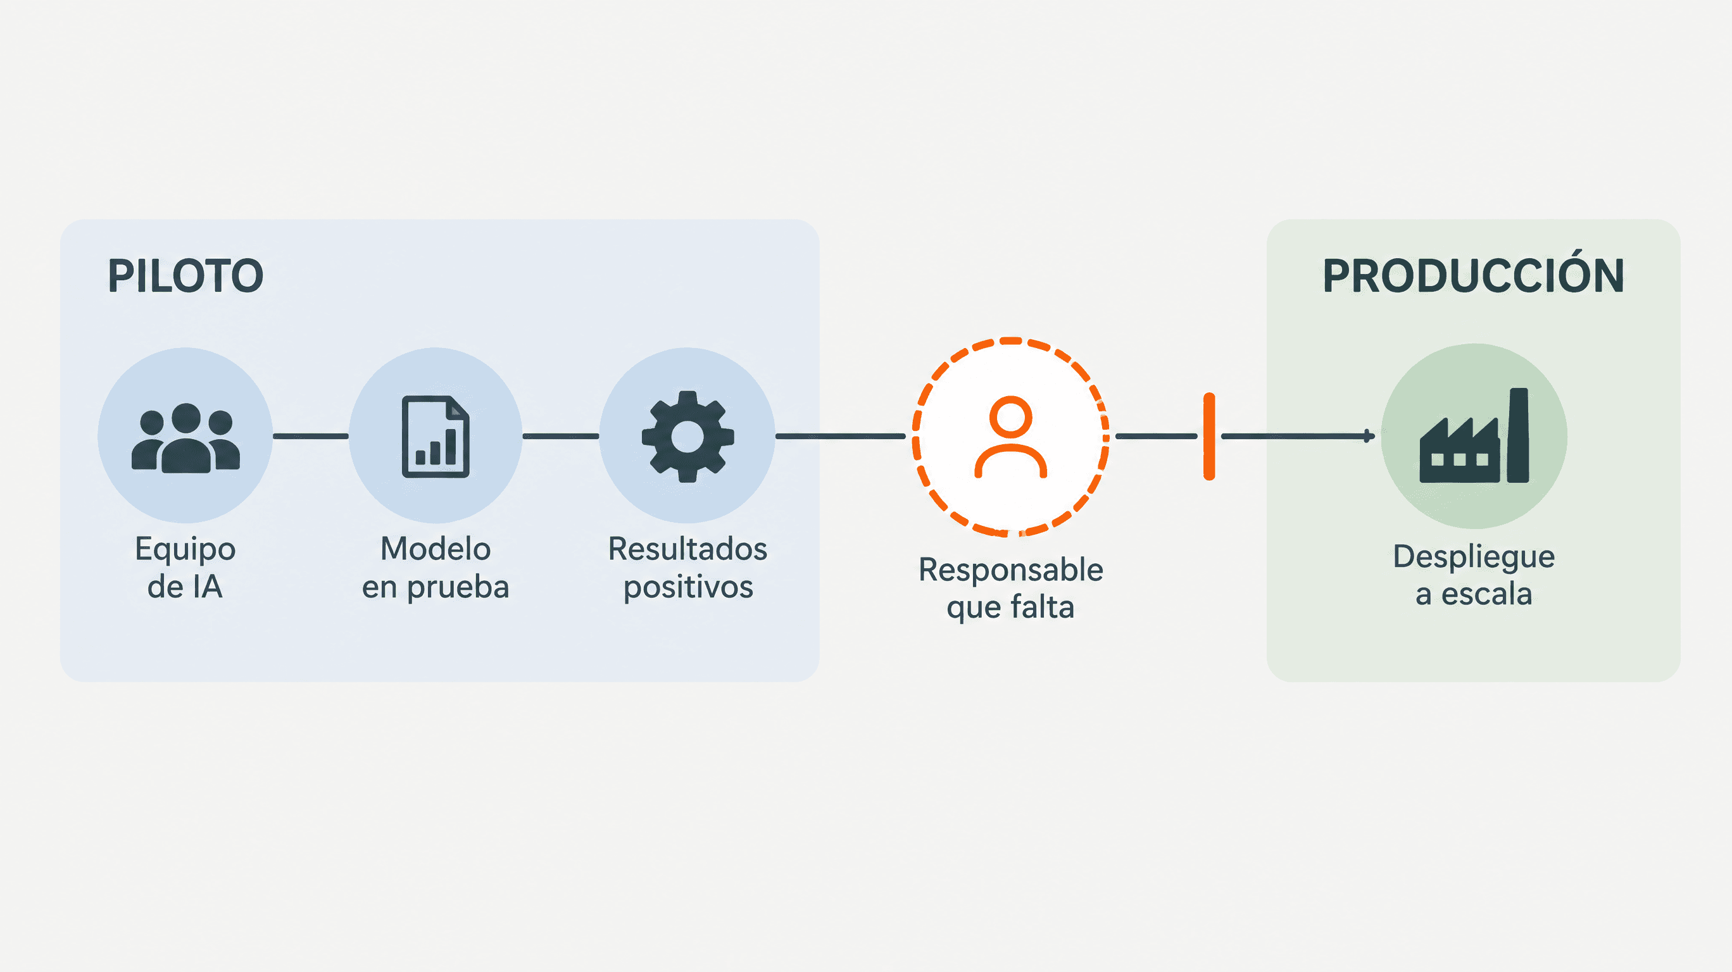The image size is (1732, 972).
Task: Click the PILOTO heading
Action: click(x=185, y=277)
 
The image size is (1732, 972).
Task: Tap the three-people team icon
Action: click(x=185, y=438)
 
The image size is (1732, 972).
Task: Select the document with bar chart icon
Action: click(x=436, y=437)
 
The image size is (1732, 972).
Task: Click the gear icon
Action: click(x=687, y=437)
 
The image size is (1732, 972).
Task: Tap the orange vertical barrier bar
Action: click(x=1209, y=436)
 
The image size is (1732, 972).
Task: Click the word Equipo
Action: click(x=185, y=550)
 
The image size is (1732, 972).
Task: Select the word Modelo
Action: click(x=436, y=549)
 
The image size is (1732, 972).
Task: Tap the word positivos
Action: click(x=689, y=588)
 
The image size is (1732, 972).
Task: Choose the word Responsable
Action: click(x=1010, y=570)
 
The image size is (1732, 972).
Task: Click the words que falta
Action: click(x=1010, y=607)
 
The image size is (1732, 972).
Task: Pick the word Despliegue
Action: click(x=1474, y=558)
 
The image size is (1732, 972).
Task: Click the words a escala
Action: click(x=1474, y=594)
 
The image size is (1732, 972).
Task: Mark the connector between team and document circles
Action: click(x=311, y=436)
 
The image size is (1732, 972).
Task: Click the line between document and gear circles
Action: click(x=561, y=436)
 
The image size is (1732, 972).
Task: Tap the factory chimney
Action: click(x=1518, y=435)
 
